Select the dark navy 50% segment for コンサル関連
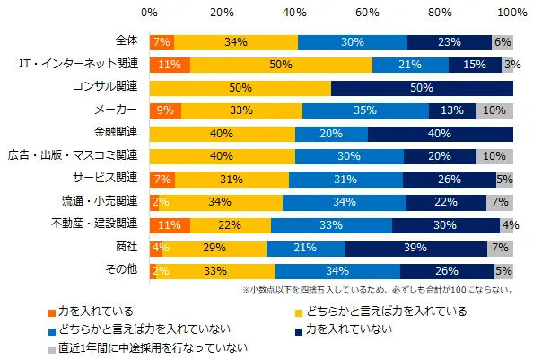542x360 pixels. click(422, 88)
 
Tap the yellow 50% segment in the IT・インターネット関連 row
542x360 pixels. click(281, 65)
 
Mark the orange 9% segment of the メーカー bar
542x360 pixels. click(165, 110)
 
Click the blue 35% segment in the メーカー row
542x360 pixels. click(365, 110)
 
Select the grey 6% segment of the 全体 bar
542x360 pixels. click(503, 42)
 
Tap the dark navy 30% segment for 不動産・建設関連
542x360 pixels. click(445, 224)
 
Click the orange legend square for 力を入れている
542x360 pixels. click(52, 312)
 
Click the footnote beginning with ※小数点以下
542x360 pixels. click(377, 290)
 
